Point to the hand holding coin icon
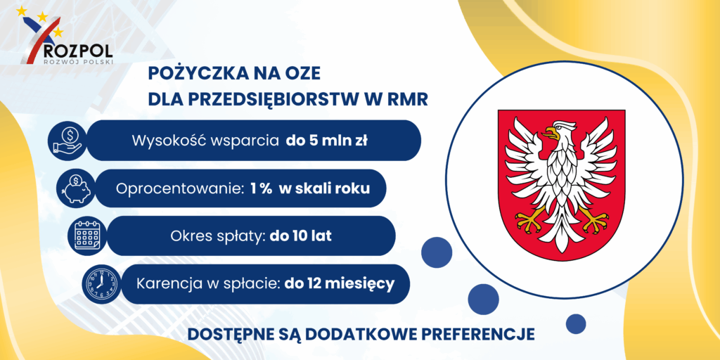tap(67, 141)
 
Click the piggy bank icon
tap(76, 188)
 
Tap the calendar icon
tap(87, 236)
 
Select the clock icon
tap(101, 284)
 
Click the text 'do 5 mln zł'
tap(326, 141)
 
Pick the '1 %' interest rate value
tap(260, 189)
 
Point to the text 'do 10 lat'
tap(301, 236)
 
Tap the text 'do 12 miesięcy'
tap(340, 283)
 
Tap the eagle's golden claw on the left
tap(530, 219)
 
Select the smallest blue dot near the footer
tap(575, 323)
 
